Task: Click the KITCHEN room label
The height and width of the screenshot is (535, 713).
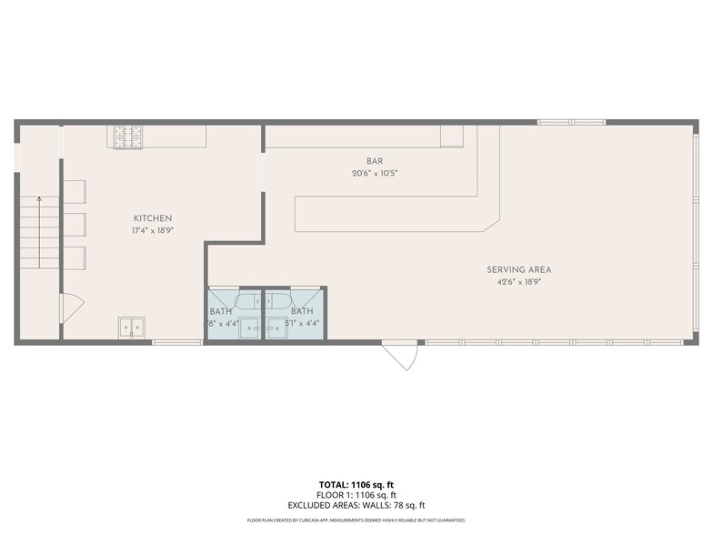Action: coord(153,218)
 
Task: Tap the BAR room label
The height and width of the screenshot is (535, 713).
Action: coord(375,161)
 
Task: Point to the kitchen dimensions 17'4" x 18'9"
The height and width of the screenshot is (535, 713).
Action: coord(153,230)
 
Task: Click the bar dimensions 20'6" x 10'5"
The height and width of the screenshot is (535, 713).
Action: coord(375,173)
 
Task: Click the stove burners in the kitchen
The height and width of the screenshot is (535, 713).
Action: coord(129,136)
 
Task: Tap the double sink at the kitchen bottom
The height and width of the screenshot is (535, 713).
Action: coord(131,328)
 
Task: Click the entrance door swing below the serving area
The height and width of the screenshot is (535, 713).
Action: coord(400,355)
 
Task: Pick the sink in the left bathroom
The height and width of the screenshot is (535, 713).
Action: coord(248,328)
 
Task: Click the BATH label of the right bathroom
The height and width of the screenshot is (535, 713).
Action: coord(302,311)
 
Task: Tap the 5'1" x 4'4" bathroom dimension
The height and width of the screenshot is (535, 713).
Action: coord(302,323)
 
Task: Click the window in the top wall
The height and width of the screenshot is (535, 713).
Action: coord(571,122)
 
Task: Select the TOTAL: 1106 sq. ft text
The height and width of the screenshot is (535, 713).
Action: coord(356,484)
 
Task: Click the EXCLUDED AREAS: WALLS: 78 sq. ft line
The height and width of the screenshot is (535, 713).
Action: coord(356,505)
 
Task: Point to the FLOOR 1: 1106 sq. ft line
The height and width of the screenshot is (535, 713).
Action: coord(356,495)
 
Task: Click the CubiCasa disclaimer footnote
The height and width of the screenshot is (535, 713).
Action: coord(356,520)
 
